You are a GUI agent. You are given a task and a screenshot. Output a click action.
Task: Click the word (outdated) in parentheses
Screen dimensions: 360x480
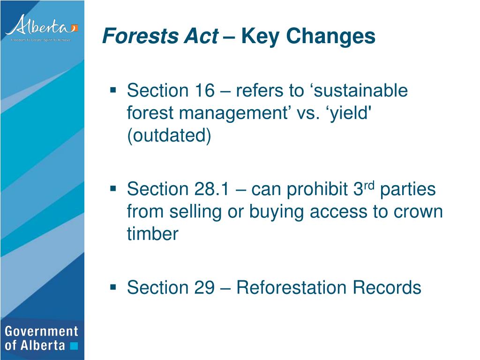pyautogui.click(x=169, y=135)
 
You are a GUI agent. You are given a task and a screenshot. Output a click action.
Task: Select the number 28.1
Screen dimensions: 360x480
pyautogui.click(x=211, y=189)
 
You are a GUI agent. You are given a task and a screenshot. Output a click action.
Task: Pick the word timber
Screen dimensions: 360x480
pyautogui.click(x=153, y=234)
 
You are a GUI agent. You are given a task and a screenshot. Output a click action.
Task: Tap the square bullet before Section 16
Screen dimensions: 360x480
pyautogui.click(x=113, y=89)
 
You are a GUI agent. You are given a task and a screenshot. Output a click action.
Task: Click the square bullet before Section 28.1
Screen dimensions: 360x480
pyautogui.click(x=113, y=187)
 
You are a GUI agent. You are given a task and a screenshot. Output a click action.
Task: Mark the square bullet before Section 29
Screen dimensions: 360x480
pyautogui.click(x=113, y=285)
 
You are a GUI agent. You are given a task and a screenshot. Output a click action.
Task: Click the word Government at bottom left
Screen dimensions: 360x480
pyautogui.click(x=41, y=331)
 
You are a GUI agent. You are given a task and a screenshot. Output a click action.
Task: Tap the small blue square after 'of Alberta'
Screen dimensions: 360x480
pyautogui.click(x=73, y=346)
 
